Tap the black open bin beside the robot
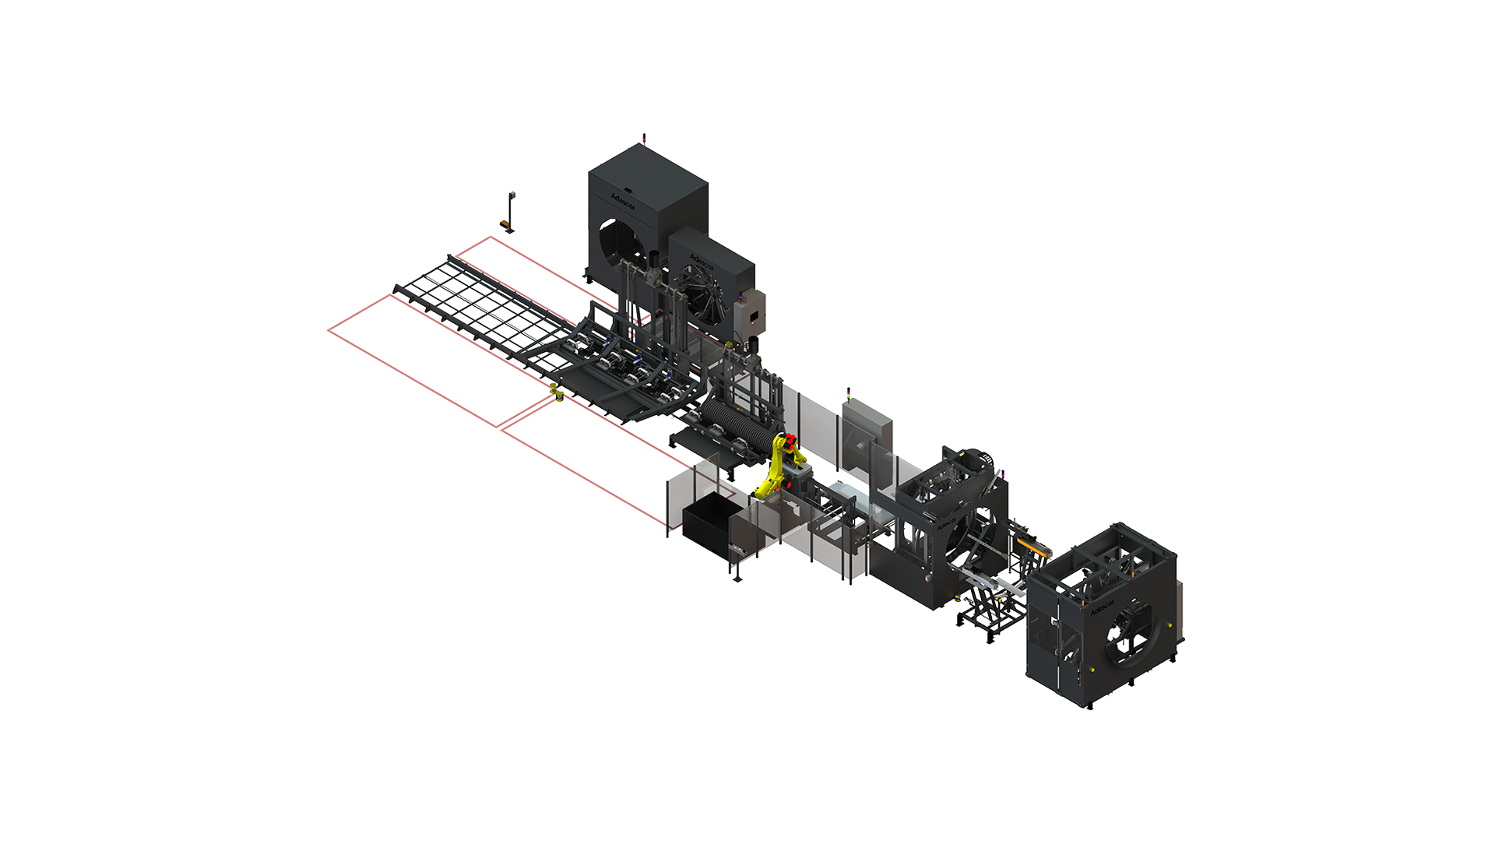click(710, 525)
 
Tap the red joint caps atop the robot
click(790, 440)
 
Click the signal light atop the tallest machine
click(642, 138)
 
